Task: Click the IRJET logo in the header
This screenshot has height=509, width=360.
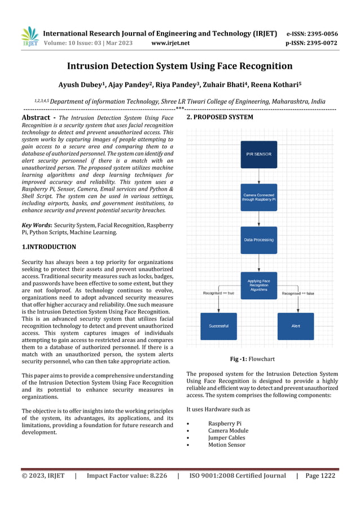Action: pos(29,37)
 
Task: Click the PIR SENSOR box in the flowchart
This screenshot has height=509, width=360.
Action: pos(258,154)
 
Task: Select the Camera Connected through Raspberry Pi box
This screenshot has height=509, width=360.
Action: pos(258,197)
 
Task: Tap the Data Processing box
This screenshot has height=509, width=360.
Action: pos(258,240)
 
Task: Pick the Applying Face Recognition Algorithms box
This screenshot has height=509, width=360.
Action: pos(258,285)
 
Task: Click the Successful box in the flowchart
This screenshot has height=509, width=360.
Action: pos(218,326)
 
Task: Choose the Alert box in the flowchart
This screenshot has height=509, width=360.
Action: pos(295,326)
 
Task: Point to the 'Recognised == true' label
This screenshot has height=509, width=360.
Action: pos(218,293)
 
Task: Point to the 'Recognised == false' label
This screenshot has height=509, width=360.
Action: pos(298,293)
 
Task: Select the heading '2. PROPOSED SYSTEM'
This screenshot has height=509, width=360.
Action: pos(219,117)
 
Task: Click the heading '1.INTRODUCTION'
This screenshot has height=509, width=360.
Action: pos(49,247)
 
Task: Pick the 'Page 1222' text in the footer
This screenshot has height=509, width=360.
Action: pos(320,476)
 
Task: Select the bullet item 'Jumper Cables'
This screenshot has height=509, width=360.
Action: pos(226,437)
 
